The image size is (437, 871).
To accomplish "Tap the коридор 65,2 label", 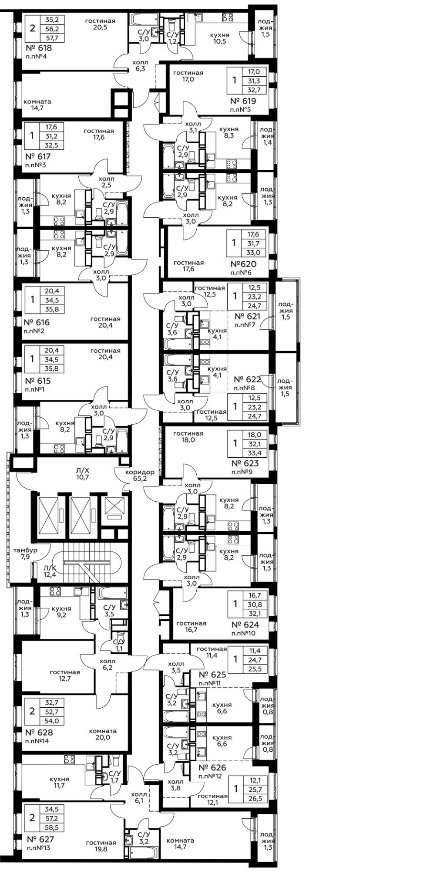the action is [x=140, y=476].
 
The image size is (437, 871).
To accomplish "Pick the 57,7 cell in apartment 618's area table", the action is [x=51, y=38].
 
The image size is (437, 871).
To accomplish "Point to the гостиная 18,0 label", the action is [x=188, y=437].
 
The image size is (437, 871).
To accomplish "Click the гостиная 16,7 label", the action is [x=192, y=627].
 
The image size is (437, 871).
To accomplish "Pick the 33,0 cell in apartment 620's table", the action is [x=253, y=252].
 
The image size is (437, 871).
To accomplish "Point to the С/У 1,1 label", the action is [x=119, y=645].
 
